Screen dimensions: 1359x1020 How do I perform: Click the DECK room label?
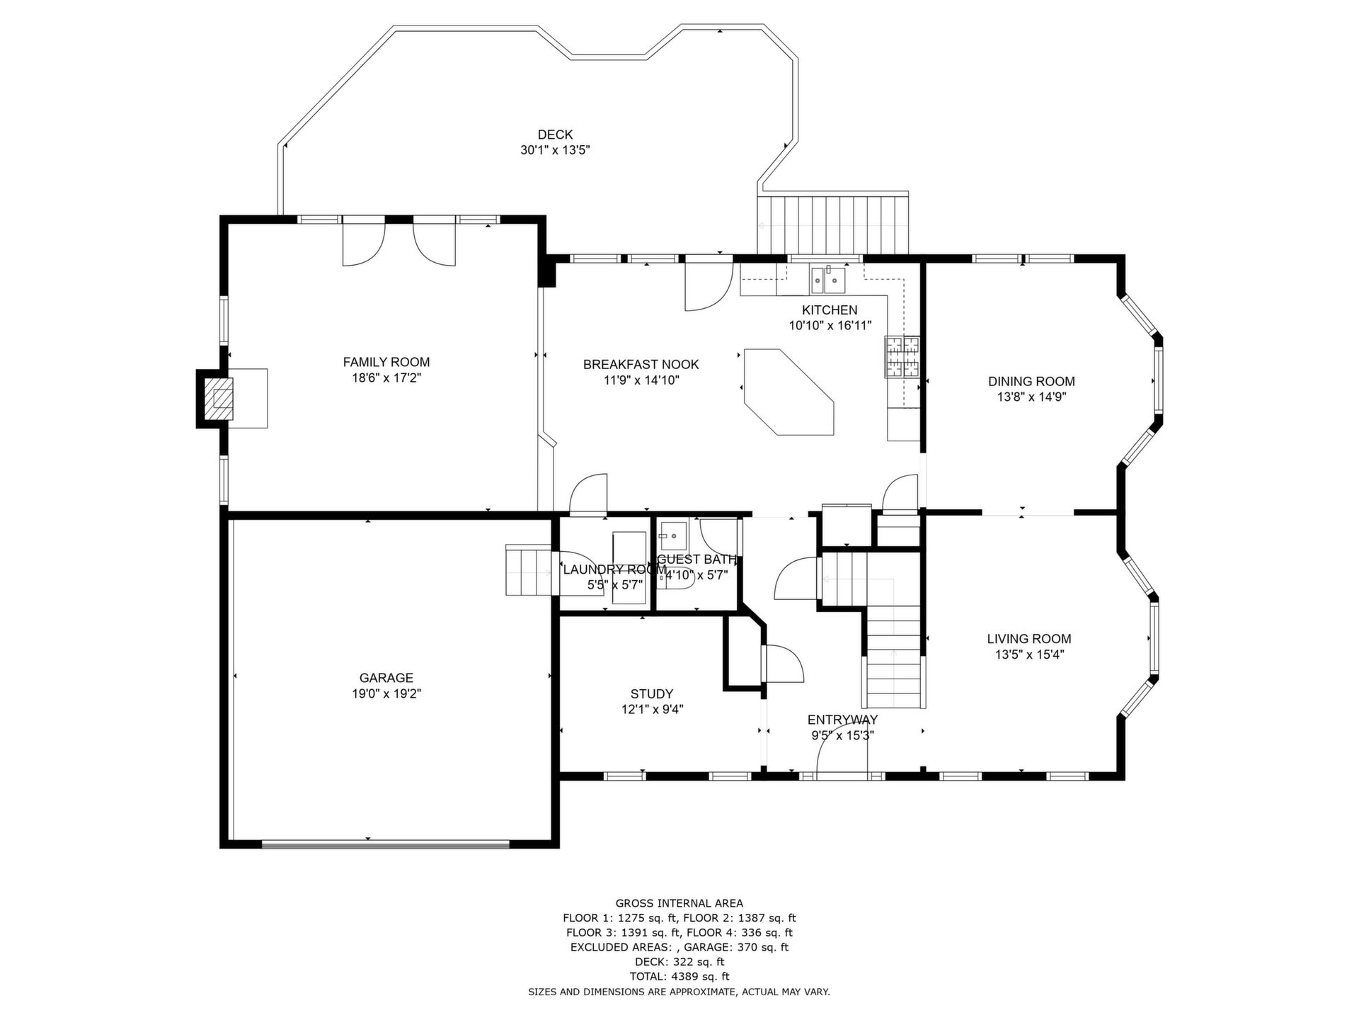555,135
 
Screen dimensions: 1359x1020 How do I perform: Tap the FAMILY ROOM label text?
386,362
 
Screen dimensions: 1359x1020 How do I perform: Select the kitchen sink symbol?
827,280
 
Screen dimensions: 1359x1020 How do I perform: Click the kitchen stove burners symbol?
902,356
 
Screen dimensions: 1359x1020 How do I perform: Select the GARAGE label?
386,678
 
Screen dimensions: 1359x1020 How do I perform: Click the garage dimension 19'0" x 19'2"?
386,694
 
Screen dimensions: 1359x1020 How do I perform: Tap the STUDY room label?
652,693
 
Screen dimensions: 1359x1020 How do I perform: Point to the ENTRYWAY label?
842,720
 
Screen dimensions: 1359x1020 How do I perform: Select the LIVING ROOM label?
1029,639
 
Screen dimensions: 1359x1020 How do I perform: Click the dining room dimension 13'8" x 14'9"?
1032,397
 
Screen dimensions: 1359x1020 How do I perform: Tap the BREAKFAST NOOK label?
641,364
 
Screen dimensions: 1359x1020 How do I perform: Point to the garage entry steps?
529,570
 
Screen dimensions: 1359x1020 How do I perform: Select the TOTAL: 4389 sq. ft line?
679,977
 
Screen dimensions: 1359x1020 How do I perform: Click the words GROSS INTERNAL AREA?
679,903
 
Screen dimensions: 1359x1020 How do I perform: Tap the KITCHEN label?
830,310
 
